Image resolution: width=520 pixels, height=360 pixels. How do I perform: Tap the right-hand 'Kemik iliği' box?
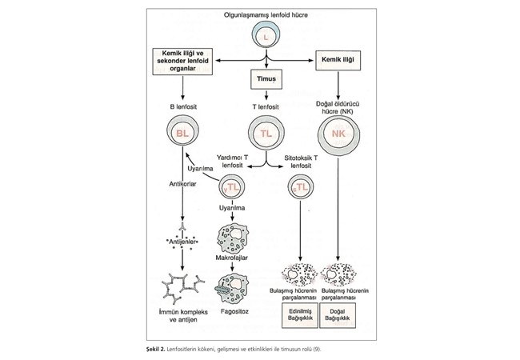click(x=339, y=60)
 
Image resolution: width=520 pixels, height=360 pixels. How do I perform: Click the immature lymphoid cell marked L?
click(x=264, y=34)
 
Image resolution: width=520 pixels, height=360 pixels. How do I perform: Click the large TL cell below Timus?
click(x=263, y=134)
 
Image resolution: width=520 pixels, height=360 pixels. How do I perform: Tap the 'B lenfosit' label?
click(x=183, y=106)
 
